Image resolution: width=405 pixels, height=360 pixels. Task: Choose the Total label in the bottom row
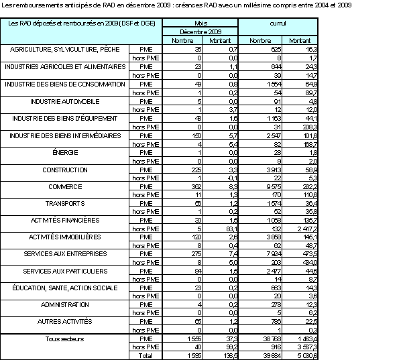[143, 356]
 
